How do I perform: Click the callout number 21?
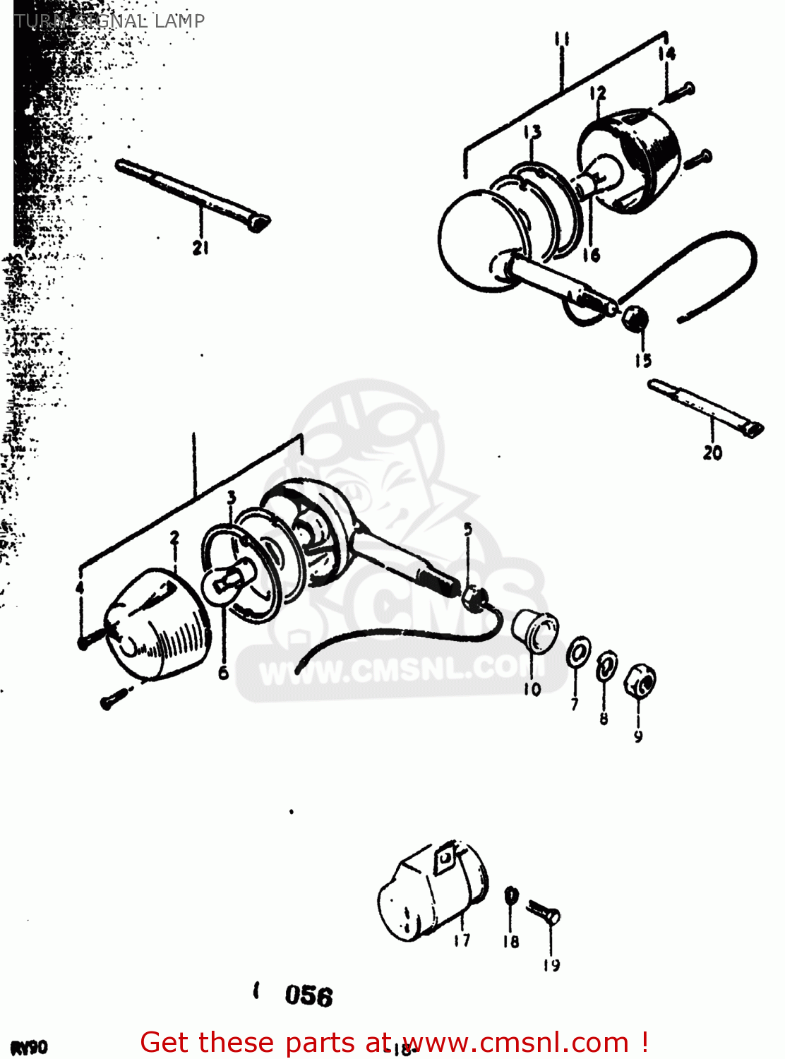(x=200, y=248)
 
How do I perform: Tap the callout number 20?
(x=712, y=453)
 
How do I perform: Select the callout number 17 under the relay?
(x=462, y=940)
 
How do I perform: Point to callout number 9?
(x=638, y=736)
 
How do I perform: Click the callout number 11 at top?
(x=562, y=40)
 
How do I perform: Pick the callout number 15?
(x=642, y=361)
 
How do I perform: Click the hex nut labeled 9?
(x=640, y=681)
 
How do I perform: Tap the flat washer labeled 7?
(x=578, y=653)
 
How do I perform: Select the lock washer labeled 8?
(x=606, y=666)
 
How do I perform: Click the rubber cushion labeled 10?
(x=535, y=630)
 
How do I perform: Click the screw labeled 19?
(x=545, y=914)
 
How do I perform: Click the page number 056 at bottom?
(x=308, y=996)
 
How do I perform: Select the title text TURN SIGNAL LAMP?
(x=109, y=20)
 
